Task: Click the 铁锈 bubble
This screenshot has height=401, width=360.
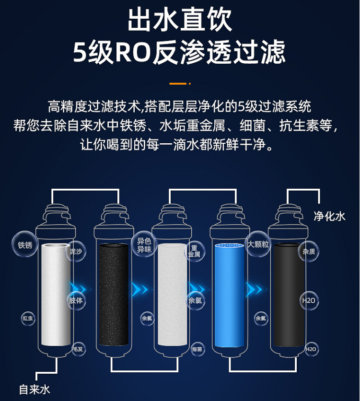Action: (x=25, y=245)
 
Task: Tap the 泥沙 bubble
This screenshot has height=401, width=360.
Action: (x=76, y=251)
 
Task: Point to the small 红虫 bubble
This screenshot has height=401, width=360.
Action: (x=28, y=318)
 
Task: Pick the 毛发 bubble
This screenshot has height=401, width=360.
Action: (x=78, y=349)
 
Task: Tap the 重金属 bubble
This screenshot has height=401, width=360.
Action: (x=194, y=251)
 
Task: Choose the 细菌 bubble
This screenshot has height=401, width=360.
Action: (x=197, y=349)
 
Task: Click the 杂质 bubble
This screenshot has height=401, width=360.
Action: (x=309, y=251)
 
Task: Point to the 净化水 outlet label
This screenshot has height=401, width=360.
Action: (x=330, y=216)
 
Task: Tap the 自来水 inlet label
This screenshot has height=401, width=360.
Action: (x=35, y=389)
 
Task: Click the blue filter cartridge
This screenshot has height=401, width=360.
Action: (x=230, y=295)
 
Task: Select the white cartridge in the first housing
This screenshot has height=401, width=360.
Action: (x=56, y=295)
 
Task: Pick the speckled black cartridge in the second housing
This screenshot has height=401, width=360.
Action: (x=114, y=295)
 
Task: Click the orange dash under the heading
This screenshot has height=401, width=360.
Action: (x=178, y=83)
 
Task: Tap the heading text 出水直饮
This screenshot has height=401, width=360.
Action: (x=180, y=20)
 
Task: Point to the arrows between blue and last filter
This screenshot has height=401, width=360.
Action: (x=255, y=289)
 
